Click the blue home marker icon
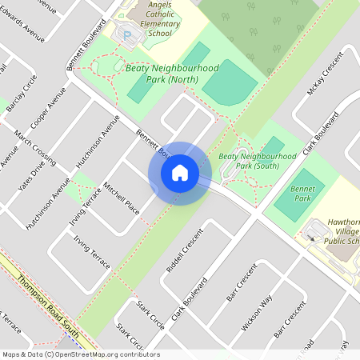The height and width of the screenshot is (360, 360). (180, 173)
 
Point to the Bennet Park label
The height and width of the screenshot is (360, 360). (303, 194)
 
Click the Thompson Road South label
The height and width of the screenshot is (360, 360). (42, 299)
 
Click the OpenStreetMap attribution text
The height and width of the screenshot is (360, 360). (80, 354)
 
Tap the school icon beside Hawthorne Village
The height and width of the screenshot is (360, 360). (310, 235)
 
